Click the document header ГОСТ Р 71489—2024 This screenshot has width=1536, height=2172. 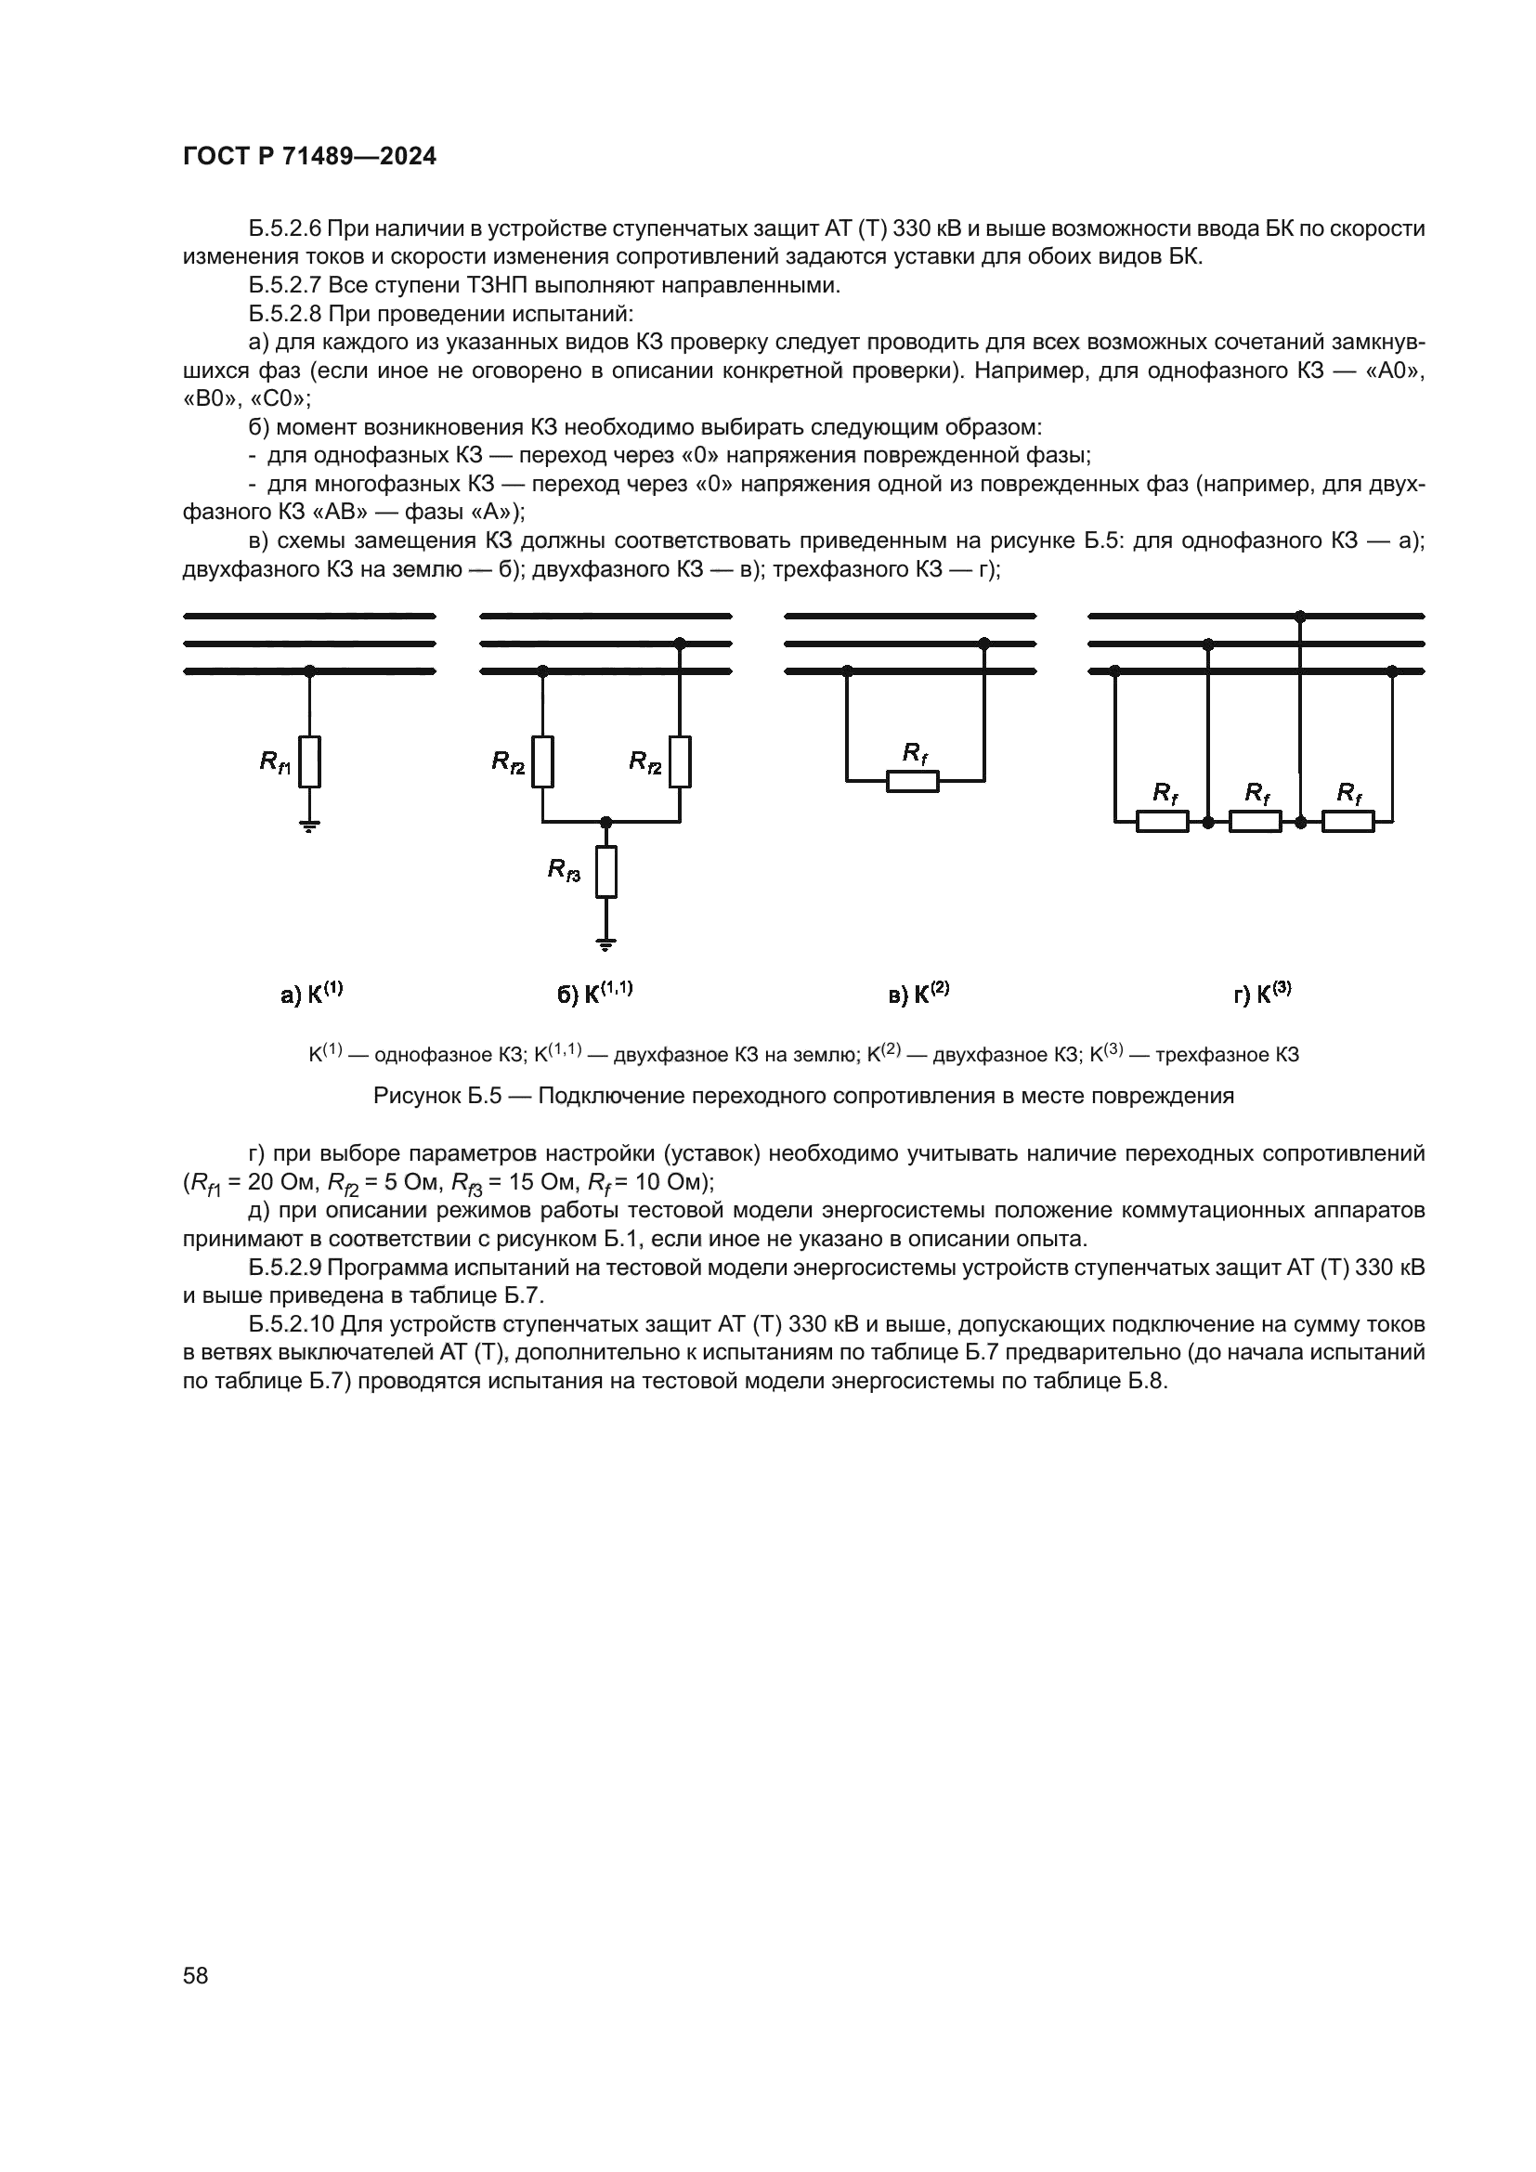coord(309,157)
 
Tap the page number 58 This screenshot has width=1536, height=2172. coord(196,1975)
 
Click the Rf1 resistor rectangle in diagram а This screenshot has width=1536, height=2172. coord(309,761)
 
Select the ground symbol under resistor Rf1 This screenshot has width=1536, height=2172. coord(309,826)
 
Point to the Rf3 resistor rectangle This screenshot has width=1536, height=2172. coord(606,871)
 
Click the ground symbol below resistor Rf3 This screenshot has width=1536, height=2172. coord(606,943)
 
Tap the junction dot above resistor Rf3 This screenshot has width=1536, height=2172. coord(606,822)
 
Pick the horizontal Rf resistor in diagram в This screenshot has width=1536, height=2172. coord(913,781)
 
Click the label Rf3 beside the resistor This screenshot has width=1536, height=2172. coord(565,870)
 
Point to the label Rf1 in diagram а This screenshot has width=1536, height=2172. coord(276,761)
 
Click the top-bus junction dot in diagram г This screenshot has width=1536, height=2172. coord(1300,617)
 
